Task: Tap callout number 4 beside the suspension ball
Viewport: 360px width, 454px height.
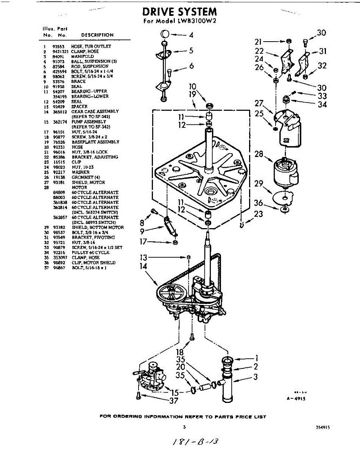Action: pos(191,35)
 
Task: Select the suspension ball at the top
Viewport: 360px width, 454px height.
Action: pos(164,34)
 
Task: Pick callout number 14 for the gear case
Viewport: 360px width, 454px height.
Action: pos(143,266)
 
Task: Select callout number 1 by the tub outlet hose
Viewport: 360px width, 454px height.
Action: pos(256,357)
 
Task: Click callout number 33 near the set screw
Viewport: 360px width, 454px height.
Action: pos(322,96)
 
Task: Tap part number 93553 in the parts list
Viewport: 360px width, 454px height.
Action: pos(58,46)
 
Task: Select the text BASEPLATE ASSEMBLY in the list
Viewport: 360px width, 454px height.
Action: pos(95,142)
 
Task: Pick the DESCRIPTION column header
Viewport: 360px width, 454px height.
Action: pos(97,35)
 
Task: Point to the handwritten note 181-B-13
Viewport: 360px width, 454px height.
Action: pos(196,441)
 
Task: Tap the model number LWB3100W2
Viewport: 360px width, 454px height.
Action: pos(197,22)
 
